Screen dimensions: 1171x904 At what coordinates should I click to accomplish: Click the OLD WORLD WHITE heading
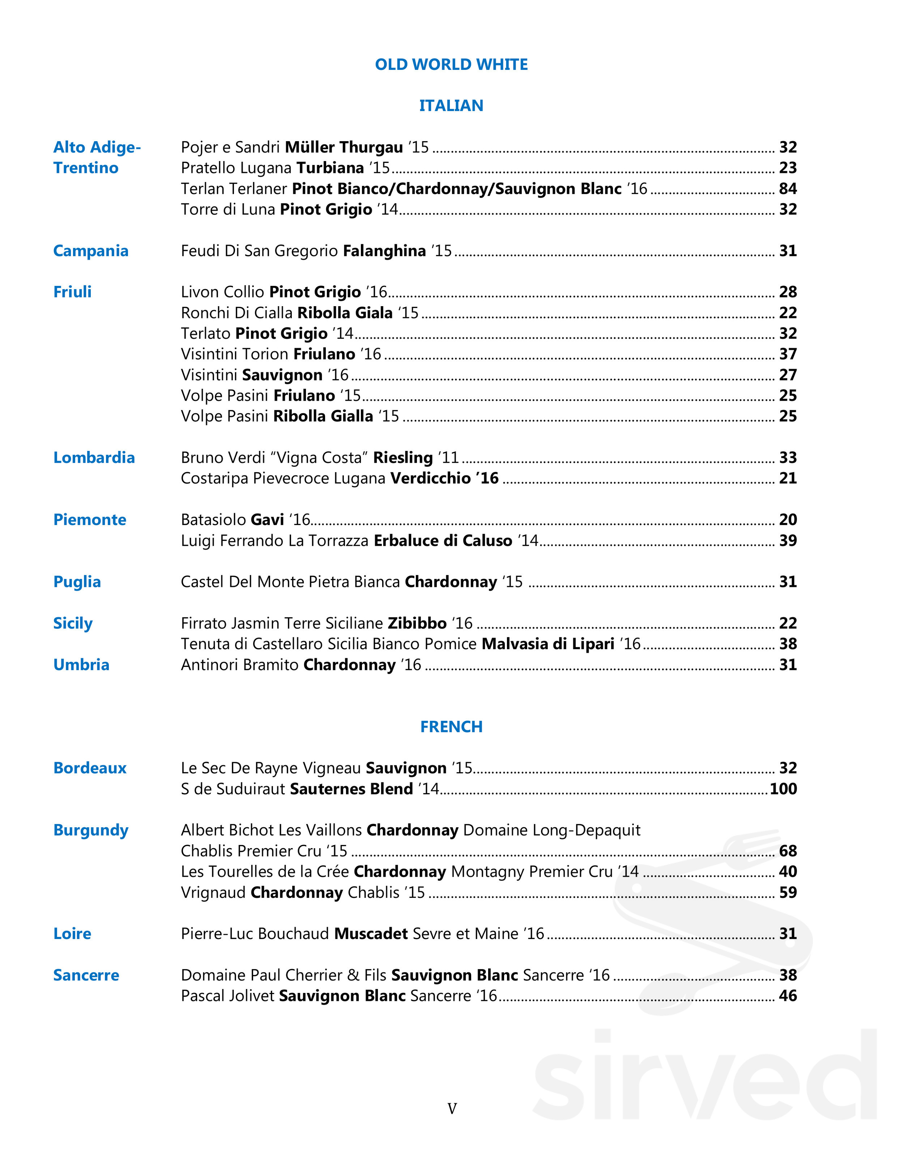(x=451, y=64)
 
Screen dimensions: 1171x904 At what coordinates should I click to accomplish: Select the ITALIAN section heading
(x=451, y=106)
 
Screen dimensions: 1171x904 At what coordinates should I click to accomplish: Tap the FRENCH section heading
(x=451, y=727)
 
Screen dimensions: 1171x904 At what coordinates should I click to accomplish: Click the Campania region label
(x=90, y=251)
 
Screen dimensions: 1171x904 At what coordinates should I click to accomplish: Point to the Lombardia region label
(x=94, y=457)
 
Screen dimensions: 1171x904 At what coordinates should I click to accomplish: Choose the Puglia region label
(x=77, y=582)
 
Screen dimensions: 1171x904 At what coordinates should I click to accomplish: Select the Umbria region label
(x=81, y=665)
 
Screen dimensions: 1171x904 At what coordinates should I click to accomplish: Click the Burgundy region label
(x=90, y=830)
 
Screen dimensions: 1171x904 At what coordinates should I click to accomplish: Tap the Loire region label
(x=72, y=934)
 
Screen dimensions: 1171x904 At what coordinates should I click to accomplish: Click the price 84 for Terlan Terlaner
(x=788, y=189)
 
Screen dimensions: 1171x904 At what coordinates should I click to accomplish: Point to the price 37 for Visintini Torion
(x=788, y=354)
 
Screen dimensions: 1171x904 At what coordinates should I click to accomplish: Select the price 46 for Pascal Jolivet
(x=788, y=995)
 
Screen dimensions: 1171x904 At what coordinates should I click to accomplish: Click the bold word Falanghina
(x=384, y=251)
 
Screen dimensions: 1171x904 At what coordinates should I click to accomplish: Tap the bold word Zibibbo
(x=417, y=623)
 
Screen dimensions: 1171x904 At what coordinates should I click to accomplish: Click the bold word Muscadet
(x=371, y=934)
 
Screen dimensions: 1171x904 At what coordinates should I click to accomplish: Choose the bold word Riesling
(x=402, y=457)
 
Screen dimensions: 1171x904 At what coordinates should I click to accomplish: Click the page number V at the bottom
(x=452, y=1108)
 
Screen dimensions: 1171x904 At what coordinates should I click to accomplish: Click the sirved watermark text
(x=705, y=1078)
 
